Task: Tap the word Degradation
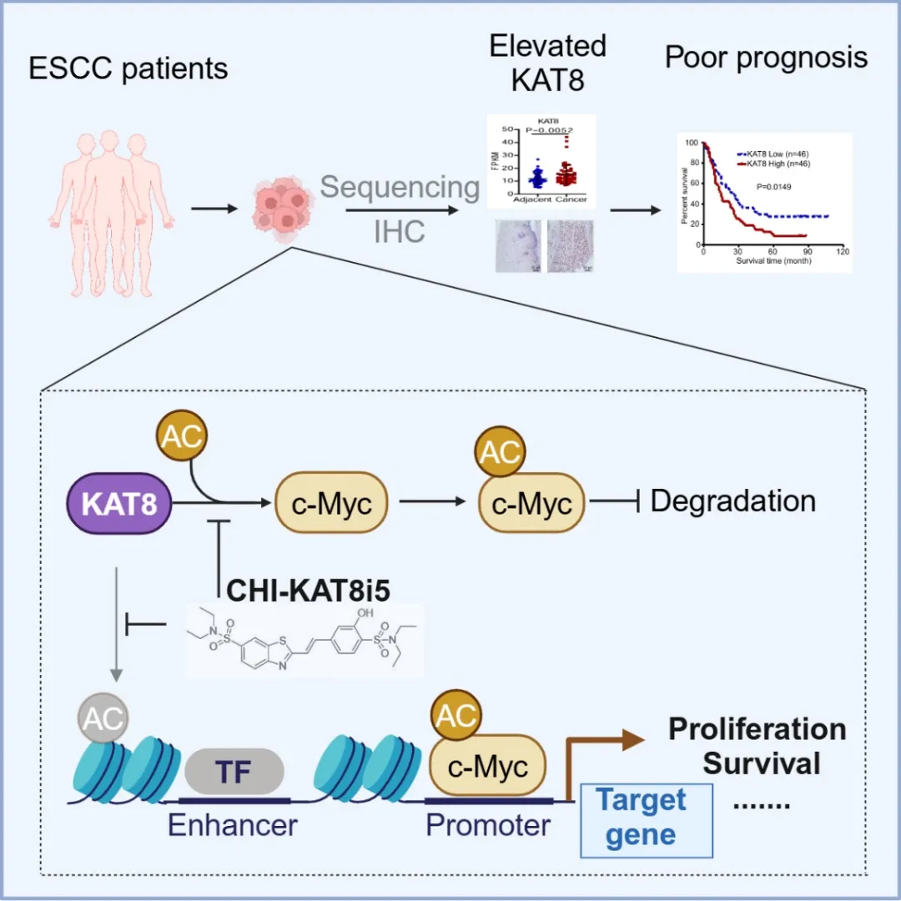tap(732, 501)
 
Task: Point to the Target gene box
tap(647, 818)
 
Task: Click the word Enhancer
tap(232, 825)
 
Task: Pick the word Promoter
tap(488, 825)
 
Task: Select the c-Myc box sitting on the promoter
tap(488, 766)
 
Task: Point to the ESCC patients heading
tap(128, 68)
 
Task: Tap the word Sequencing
tap(400, 187)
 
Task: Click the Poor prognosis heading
tap(766, 58)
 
